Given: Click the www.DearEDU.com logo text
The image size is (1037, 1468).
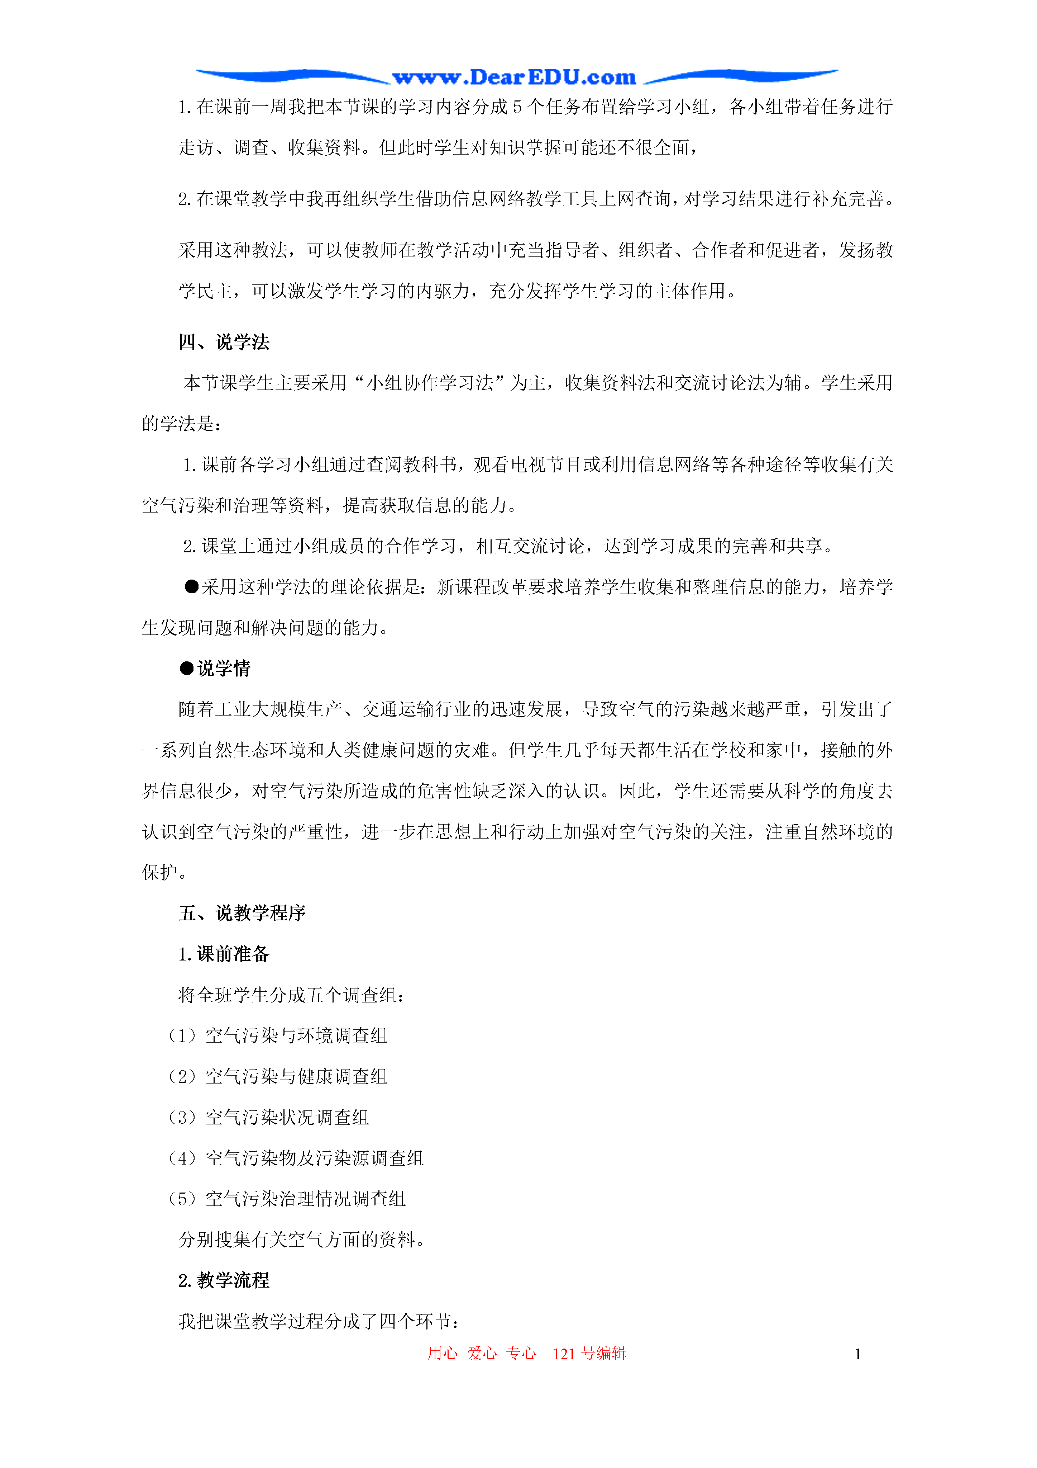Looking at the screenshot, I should coord(514,78).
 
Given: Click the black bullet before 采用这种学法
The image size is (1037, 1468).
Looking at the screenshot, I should coord(192,587).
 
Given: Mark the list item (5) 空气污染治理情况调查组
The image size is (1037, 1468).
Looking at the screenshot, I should coord(287,1199).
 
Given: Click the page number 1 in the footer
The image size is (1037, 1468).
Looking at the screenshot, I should coord(857,1354).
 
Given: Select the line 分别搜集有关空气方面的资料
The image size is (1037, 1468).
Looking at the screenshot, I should coord(302,1240).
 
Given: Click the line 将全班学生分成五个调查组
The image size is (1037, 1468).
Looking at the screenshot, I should coord(291,995).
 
